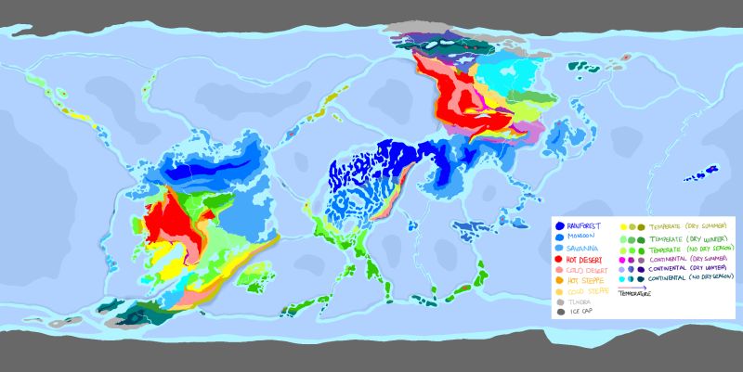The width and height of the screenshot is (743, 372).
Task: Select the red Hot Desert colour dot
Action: [x=557, y=261]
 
